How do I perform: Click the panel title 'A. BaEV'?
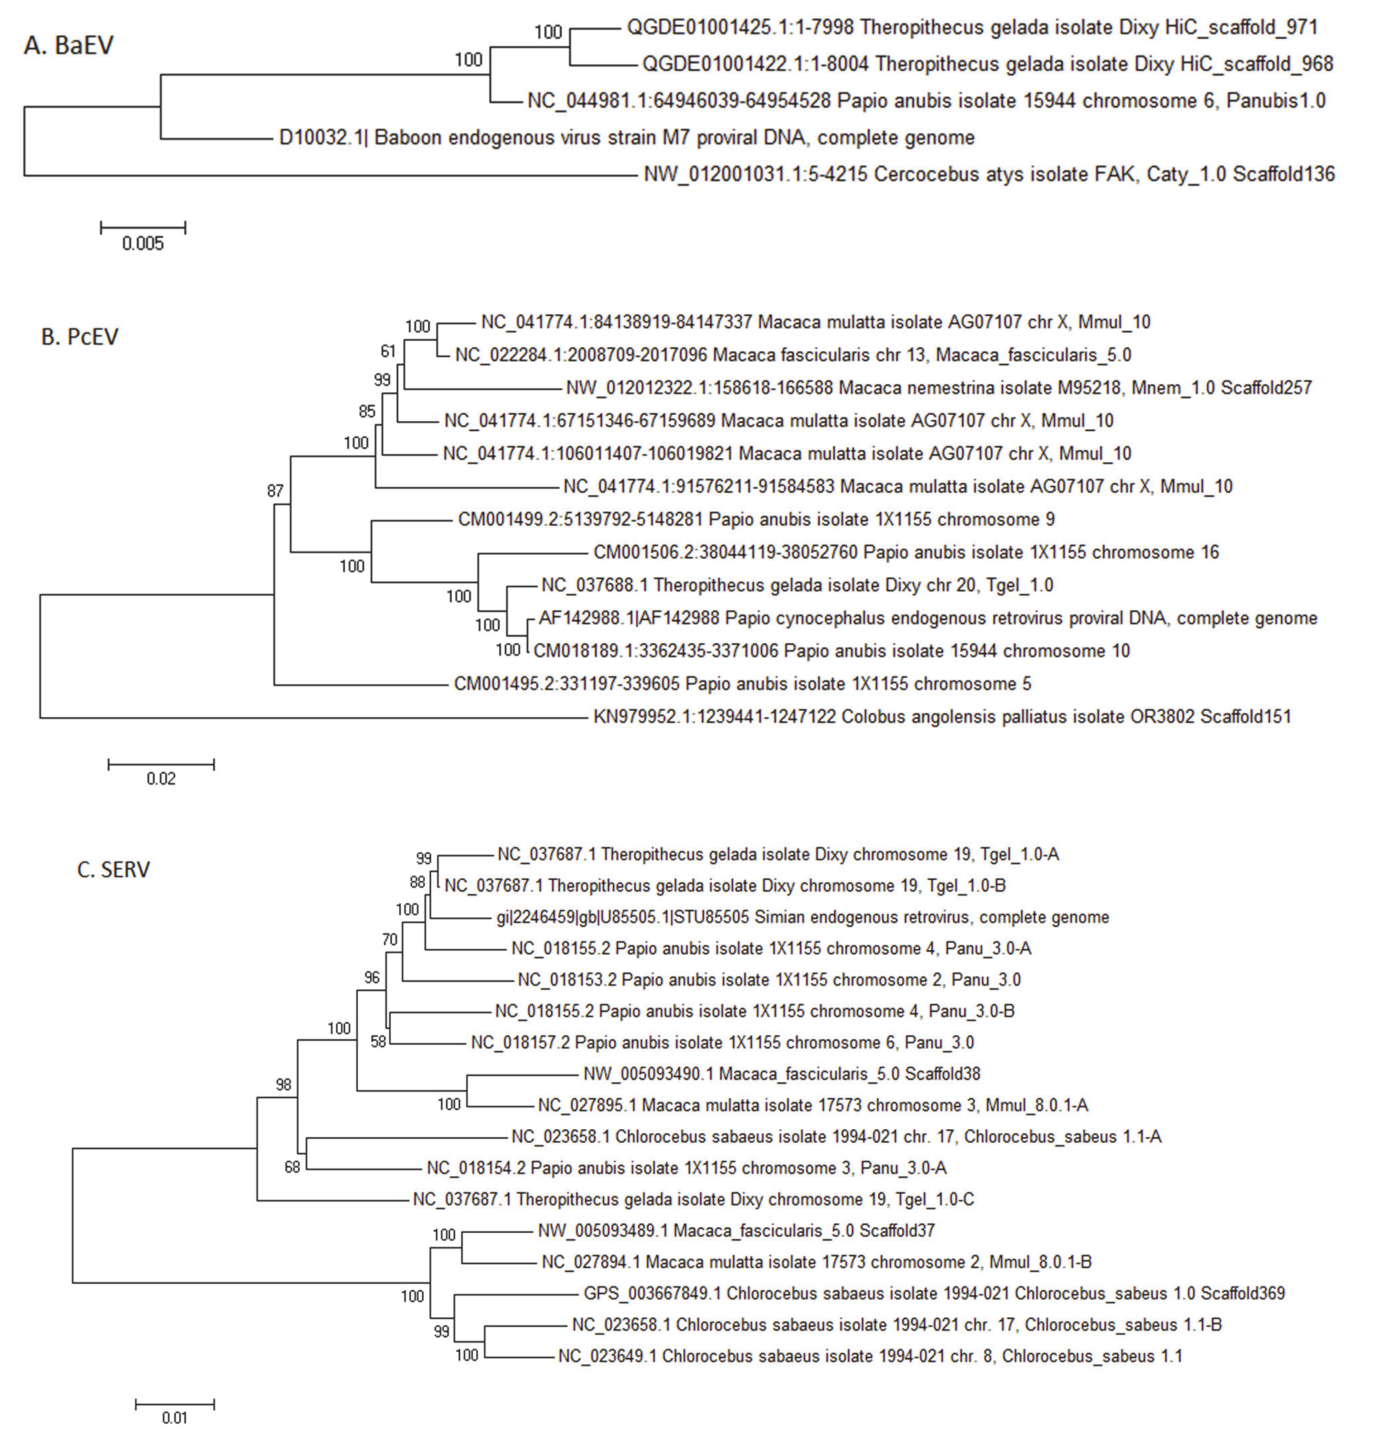(x=69, y=45)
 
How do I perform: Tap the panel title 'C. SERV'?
(x=113, y=870)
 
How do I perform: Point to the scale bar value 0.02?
(x=161, y=779)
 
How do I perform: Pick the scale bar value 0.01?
(x=175, y=1418)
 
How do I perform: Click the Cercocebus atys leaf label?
(x=989, y=174)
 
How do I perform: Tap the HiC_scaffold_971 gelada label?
(x=972, y=28)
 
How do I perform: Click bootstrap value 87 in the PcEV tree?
(x=275, y=491)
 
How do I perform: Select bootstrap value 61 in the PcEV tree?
(x=388, y=352)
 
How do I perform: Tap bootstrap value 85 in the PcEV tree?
(x=367, y=412)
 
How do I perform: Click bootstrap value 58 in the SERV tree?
(x=378, y=1042)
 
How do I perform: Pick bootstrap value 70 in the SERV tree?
(x=390, y=939)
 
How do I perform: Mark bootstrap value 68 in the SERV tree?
(x=292, y=1168)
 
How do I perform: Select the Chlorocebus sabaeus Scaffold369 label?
(x=934, y=1294)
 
